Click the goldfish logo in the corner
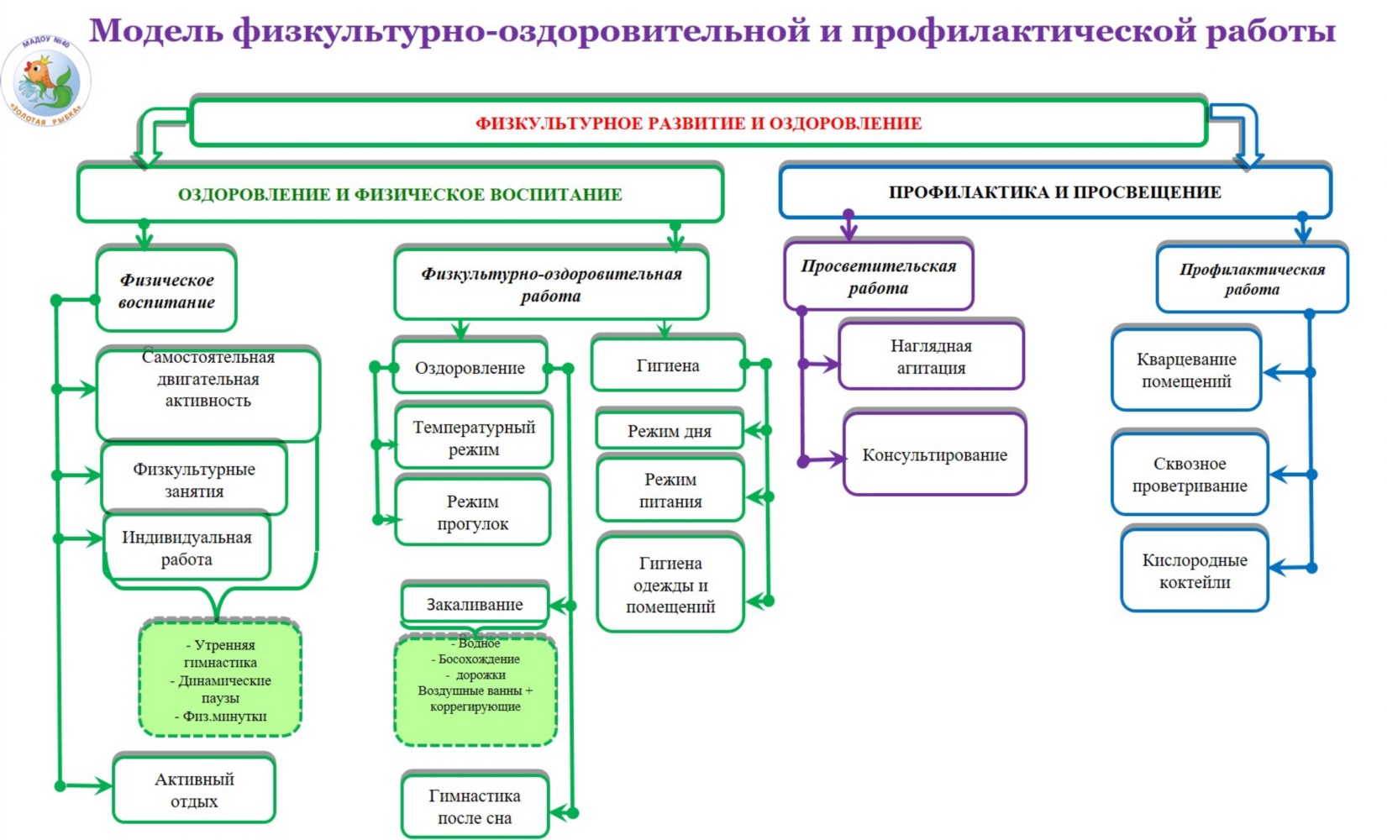click(x=45, y=81)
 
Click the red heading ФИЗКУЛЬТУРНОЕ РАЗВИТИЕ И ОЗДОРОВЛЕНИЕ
click(x=698, y=123)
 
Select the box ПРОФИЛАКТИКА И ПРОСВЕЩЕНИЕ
click(x=1054, y=192)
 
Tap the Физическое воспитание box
click(x=166, y=291)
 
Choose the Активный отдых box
click(x=194, y=790)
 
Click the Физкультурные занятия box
click(x=194, y=480)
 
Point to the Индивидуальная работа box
click(x=187, y=549)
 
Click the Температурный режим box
click(x=474, y=438)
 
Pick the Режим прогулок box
click(x=473, y=512)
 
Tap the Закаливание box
click(x=475, y=604)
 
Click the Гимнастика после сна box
click(x=475, y=806)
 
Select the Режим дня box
click(x=670, y=431)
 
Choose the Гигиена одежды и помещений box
click(x=670, y=585)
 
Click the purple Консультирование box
click(x=934, y=455)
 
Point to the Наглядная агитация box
click(x=931, y=356)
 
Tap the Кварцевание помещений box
click(x=1186, y=370)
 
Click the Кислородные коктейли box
click(x=1195, y=571)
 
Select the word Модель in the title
click(x=157, y=31)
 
